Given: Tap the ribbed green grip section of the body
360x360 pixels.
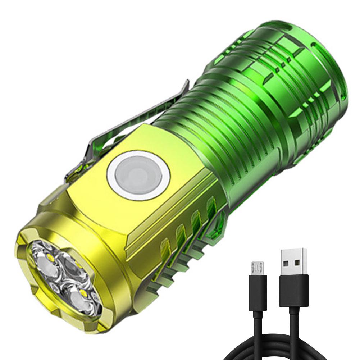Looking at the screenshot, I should pyautogui.click(x=223, y=119).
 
